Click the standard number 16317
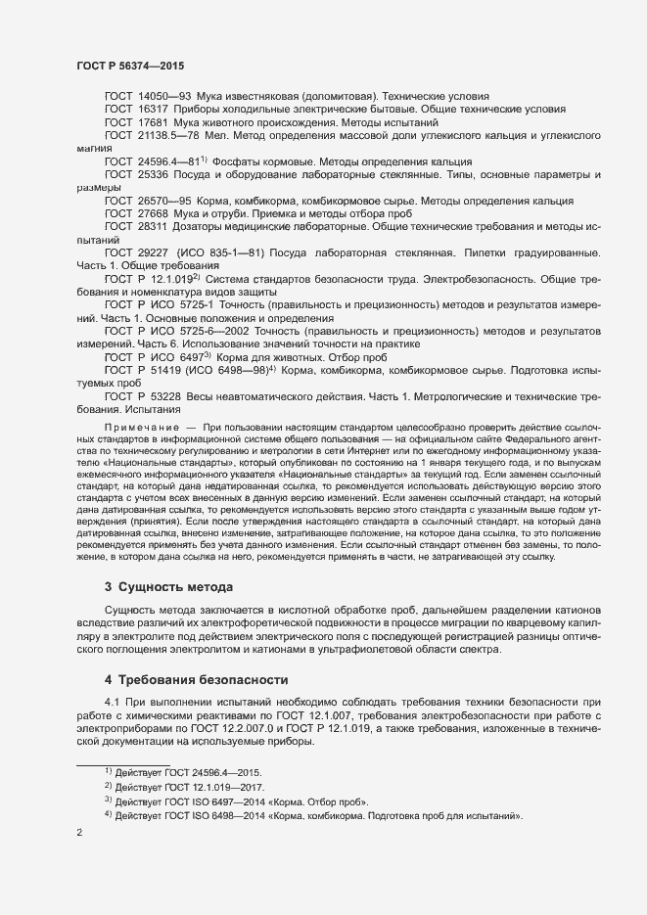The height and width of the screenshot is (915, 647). pos(155,111)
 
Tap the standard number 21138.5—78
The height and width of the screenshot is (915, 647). pos(168,136)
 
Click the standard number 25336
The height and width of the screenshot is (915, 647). pos(155,174)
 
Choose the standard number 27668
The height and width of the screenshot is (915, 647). pos(155,212)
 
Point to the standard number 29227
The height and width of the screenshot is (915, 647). pos(155,252)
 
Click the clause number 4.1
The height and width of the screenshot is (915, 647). pos(113,704)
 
